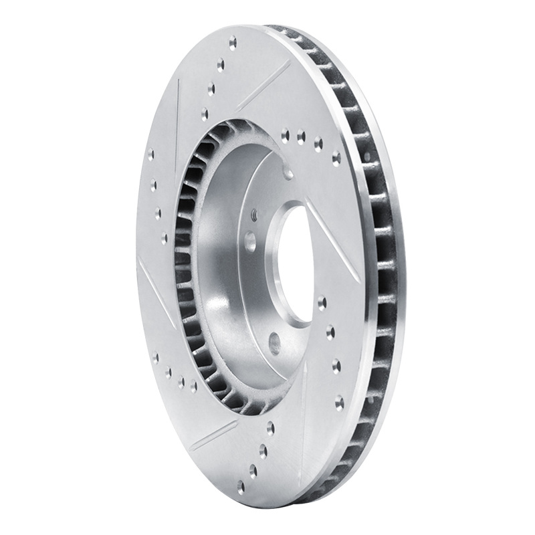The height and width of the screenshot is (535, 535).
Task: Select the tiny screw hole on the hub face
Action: (254, 215)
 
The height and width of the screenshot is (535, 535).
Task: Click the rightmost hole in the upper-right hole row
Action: (336, 158)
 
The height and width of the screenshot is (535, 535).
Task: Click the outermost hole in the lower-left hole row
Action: (156, 356)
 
